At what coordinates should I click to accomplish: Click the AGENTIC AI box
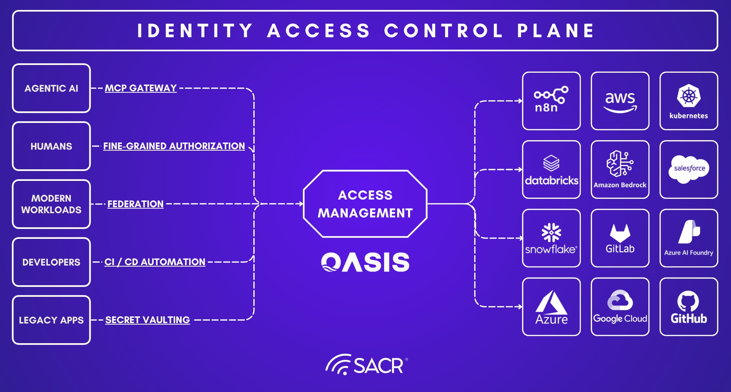pos(51,88)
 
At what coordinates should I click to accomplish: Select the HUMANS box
pos(51,146)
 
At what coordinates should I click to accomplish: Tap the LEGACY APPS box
pos(51,320)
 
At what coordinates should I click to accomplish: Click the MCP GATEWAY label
pos(141,88)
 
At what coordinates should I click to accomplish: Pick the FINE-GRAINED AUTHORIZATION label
pos(174,146)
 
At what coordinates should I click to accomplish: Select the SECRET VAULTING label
pos(147,320)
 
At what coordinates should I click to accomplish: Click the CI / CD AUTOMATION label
pos(155,262)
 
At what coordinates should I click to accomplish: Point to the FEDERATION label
pos(135,204)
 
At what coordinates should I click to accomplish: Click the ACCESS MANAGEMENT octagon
pos(365,204)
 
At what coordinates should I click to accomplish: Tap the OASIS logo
pos(365,262)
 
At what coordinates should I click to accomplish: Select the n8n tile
pos(551,101)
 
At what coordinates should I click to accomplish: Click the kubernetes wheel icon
pos(689,96)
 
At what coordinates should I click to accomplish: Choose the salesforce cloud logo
pos(689,169)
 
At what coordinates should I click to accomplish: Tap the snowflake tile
pos(551,238)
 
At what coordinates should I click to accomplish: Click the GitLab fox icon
pos(620,233)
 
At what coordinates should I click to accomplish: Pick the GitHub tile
pos(689,307)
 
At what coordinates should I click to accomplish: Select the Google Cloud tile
pos(620,307)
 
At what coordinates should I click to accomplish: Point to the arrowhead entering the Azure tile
pos(520,307)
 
